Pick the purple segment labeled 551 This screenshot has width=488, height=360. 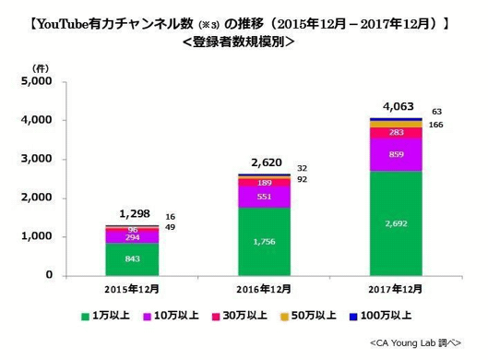[x=264, y=197]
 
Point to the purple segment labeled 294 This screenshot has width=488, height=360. [x=133, y=236]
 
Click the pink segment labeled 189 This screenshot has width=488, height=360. [x=264, y=183]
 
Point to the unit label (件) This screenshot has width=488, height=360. [x=41, y=68]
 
